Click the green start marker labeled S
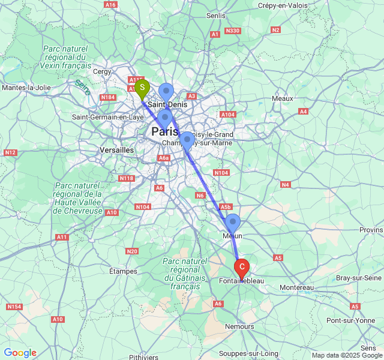pyautogui.click(x=142, y=88)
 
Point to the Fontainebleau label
pyautogui.click(x=242, y=281)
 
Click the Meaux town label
pyautogui.click(x=282, y=98)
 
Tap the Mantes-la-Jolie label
pyautogui.click(x=26, y=88)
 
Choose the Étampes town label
pyautogui.click(x=123, y=271)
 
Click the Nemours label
pyautogui.click(x=239, y=326)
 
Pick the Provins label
pyautogui.click(x=371, y=230)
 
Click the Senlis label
pyautogui.click(x=215, y=16)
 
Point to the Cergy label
pyautogui.click(x=103, y=71)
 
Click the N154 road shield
pyautogui.click(x=14, y=307)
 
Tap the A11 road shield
pyautogui.click(x=62, y=238)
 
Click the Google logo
pyautogui.click(x=20, y=353)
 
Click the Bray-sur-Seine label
pyautogui.click(x=359, y=278)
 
